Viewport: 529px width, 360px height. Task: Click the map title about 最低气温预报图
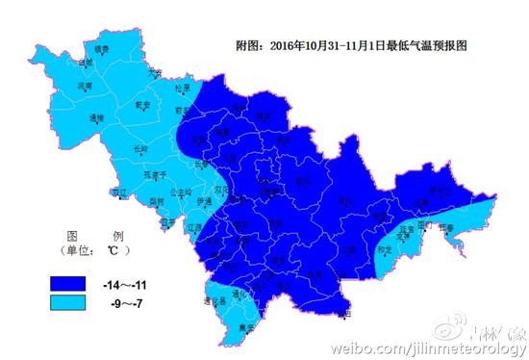[x=351, y=45]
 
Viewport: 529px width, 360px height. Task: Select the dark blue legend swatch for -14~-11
[x=76, y=283]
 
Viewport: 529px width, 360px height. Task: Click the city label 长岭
[x=139, y=149]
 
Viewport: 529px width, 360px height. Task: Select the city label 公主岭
[x=180, y=192]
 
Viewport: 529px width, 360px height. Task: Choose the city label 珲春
[x=446, y=228]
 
